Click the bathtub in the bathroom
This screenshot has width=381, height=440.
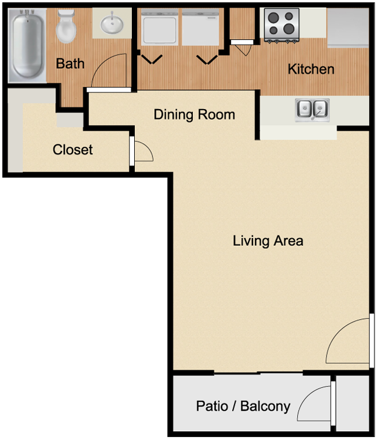(x=27, y=45)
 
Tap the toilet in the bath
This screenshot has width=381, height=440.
(x=66, y=26)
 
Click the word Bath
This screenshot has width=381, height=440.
(x=70, y=64)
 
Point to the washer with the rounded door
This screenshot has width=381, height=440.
(x=159, y=27)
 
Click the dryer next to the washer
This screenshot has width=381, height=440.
(x=200, y=27)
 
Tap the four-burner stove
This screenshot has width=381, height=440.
(x=281, y=25)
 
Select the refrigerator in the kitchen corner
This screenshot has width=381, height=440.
(x=348, y=28)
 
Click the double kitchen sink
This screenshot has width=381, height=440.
(x=312, y=110)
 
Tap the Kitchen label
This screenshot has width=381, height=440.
(x=311, y=69)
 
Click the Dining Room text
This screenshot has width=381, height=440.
(x=194, y=114)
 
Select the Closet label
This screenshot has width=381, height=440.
(x=73, y=150)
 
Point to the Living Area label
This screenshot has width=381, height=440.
(x=268, y=241)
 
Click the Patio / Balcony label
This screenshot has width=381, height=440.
(x=243, y=407)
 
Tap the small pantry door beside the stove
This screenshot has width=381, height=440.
(x=242, y=42)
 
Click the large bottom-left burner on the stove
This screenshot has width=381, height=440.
(x=274, y=30)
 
